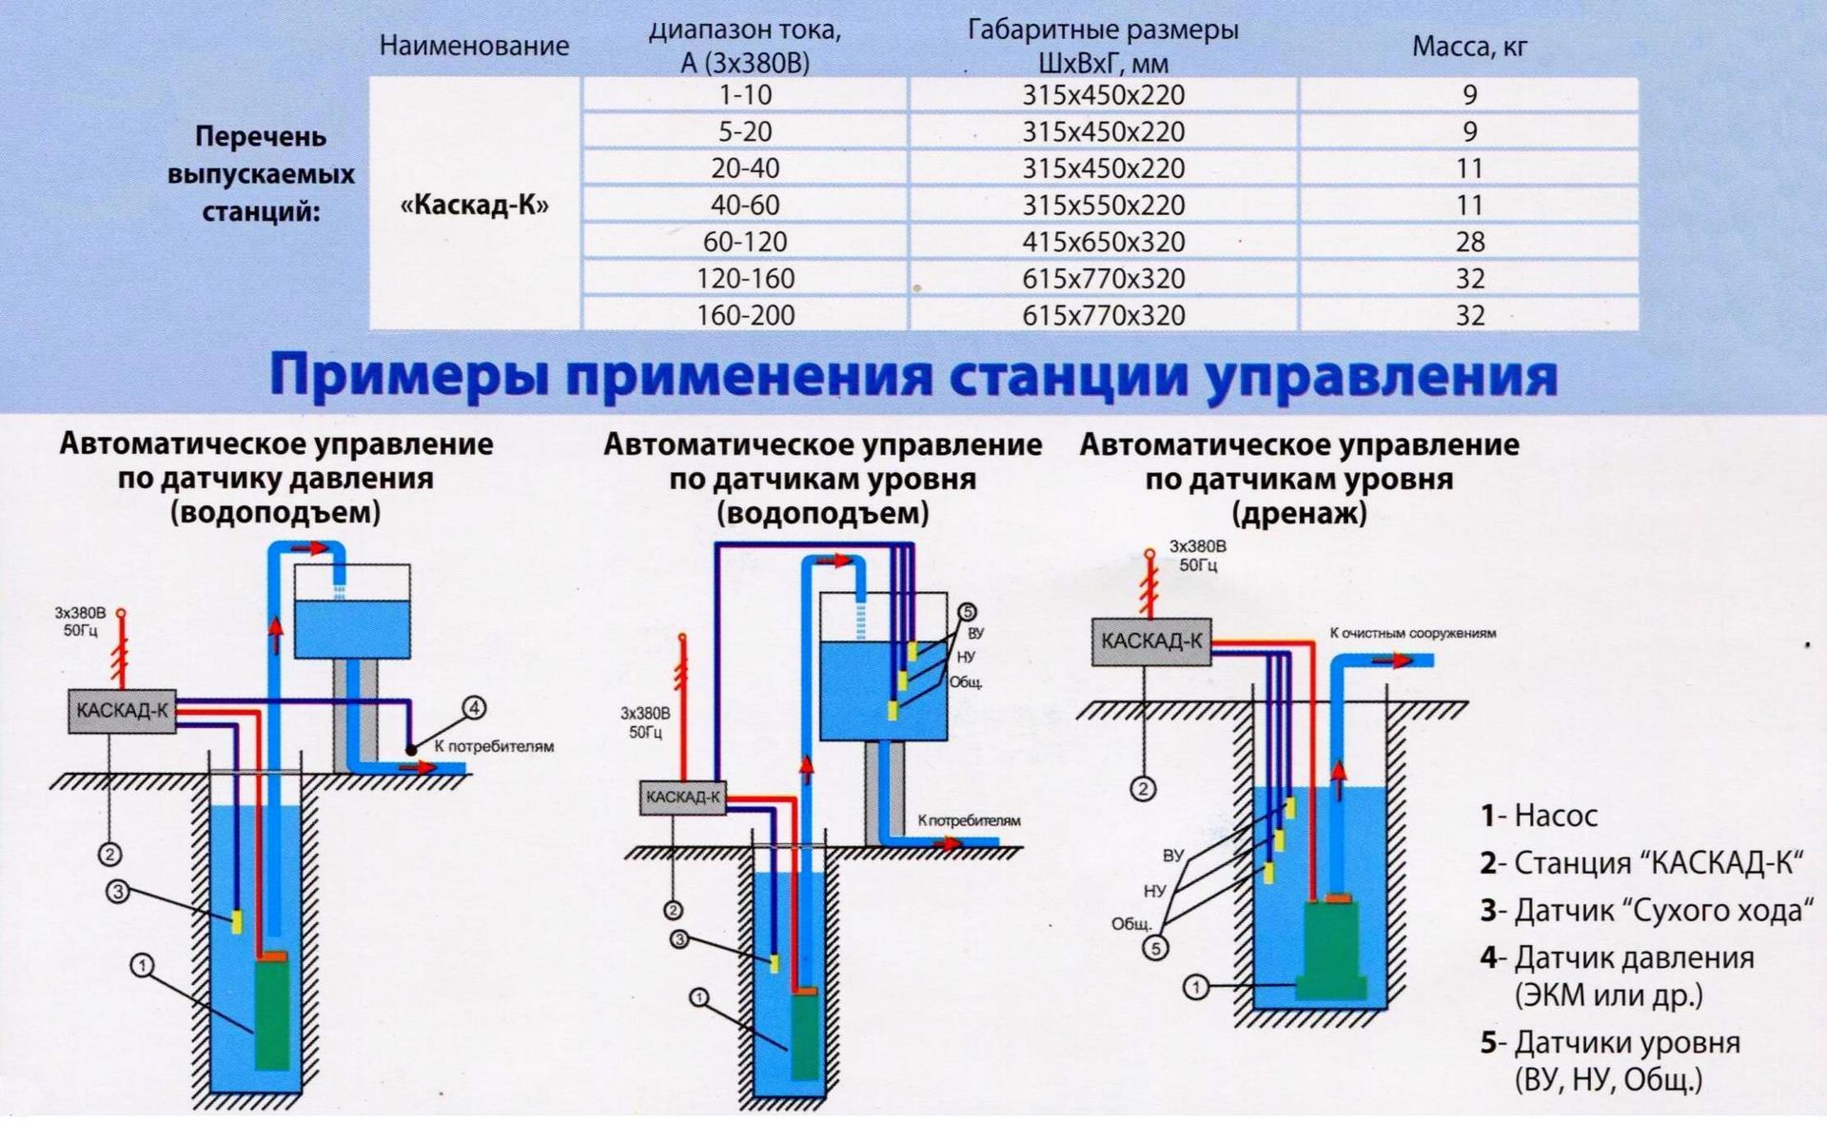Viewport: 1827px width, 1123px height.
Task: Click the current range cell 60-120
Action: click(745, 242)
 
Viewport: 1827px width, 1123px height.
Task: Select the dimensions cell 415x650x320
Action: click(1104, 242)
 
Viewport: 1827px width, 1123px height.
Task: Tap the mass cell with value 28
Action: click(1469, 242)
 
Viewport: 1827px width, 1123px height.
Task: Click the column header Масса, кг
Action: click(1469, 46)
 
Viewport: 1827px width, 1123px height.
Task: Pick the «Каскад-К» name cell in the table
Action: click(475, 205)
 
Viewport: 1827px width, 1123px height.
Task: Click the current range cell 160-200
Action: click(745, 315)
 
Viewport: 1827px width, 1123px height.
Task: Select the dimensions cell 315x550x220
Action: click(1104, 205)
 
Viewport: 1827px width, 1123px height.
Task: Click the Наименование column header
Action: click(474, 46)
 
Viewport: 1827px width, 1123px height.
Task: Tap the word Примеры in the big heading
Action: click(409, 376)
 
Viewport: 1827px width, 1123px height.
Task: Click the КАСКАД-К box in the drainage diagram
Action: click(1151, 640)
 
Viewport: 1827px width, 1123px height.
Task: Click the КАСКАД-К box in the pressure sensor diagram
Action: click(122, 710)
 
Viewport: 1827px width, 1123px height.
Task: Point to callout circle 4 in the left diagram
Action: click(474, 707)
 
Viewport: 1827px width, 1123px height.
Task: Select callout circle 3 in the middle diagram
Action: click(679, 939)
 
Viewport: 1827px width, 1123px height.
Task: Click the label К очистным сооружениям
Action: click(1412, 633)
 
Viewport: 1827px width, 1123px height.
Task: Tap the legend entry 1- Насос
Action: click(1539, 816)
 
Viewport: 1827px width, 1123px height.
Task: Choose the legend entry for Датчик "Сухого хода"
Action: click(1646, 911)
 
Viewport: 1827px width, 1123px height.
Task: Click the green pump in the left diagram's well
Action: click(272, 1014)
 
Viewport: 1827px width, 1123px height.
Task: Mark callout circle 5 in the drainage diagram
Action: click(1155, 948)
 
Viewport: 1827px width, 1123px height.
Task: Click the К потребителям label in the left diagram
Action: click(494, 746)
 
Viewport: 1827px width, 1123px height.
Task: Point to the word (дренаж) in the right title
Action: click(1299, 513)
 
